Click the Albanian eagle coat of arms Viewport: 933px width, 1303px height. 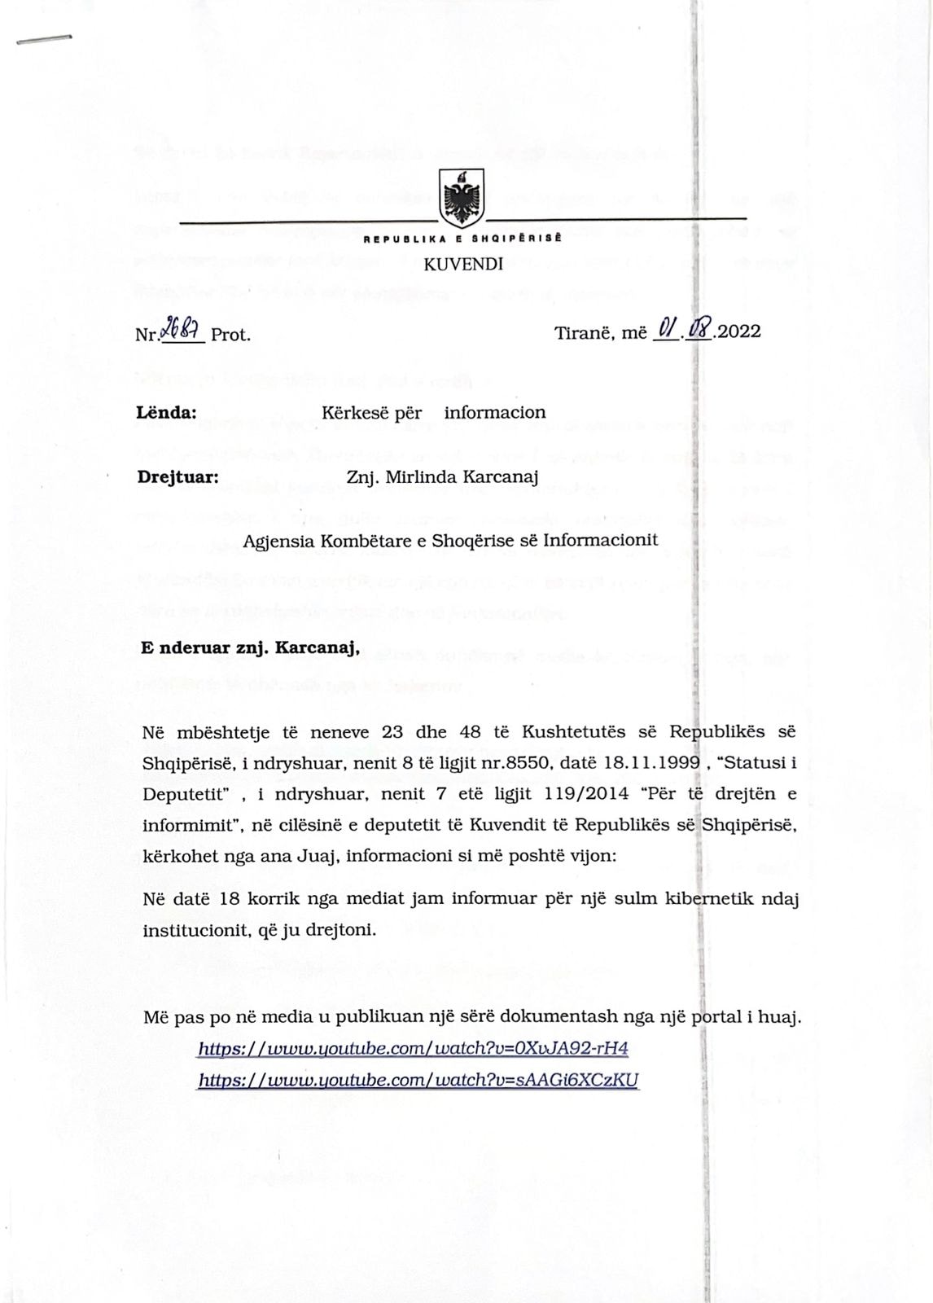tap(461, 198)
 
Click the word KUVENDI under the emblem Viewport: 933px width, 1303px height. tap(463, 264)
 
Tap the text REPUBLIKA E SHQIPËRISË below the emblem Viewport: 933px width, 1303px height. tap(462, 239)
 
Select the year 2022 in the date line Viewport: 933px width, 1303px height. tap(738, 332)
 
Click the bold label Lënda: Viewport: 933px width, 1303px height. tap(166, 412)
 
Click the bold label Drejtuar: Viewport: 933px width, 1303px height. tap(177, 477)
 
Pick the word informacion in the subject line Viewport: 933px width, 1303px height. tap(494, 412)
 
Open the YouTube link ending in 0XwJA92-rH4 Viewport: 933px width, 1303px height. tap(413, 1048)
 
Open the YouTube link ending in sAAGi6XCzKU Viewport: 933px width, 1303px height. tap(418, 1080)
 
